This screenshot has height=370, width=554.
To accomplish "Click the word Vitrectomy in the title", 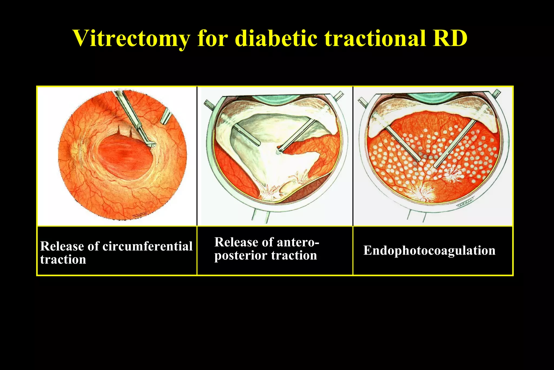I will coord(131,39).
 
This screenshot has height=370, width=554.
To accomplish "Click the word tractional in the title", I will coord(376,38).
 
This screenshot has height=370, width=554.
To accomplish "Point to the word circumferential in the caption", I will coord(147,246).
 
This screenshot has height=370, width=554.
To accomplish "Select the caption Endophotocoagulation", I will coord(429,251).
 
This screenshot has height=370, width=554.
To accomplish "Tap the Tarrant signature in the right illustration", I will coord(466,202).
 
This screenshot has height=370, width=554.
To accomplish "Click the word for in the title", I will coord(213,38).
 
